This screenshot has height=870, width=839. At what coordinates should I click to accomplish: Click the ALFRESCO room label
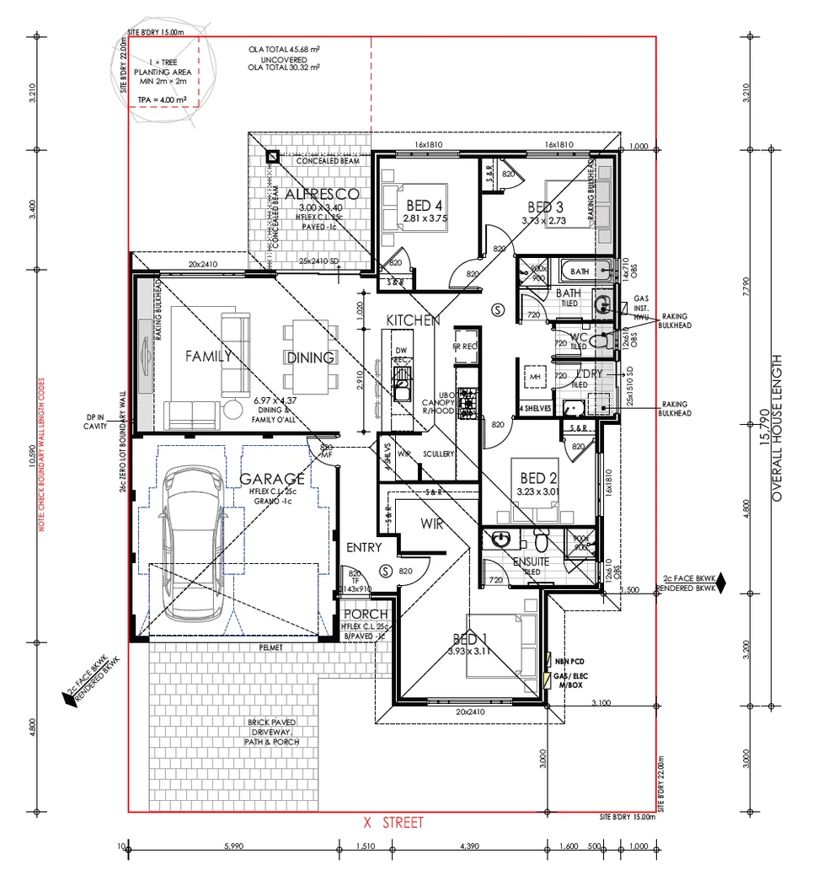coord(322,195)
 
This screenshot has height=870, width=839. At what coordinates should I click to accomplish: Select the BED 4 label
coord(425,206)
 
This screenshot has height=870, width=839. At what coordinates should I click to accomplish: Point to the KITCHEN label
coord(413,321)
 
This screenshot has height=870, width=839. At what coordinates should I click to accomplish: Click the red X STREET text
coord(393,823)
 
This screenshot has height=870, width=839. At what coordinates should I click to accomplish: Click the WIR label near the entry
coord(432,524)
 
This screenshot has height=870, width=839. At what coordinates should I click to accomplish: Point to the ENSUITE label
coord(532,561)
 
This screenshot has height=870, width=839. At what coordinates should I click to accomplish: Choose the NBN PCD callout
coord(570,663)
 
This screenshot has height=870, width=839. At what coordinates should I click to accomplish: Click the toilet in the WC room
coord(599,341)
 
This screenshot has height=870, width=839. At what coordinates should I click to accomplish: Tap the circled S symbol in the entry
coord(386,572)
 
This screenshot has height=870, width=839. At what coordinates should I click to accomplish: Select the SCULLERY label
coord(439,454)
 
